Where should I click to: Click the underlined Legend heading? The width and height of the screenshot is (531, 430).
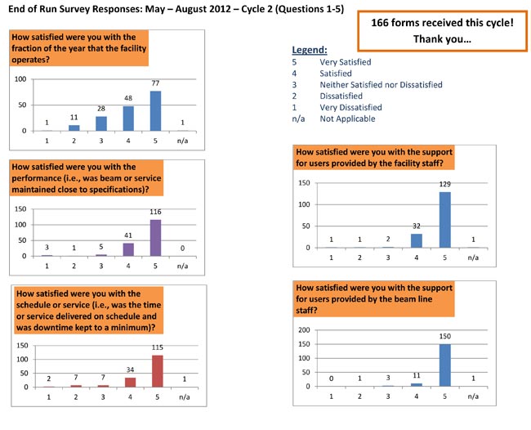coord(309,51)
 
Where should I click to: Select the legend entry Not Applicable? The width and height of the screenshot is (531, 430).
coord(347,119)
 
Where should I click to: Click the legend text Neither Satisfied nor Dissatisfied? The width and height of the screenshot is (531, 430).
coord(381,85)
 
